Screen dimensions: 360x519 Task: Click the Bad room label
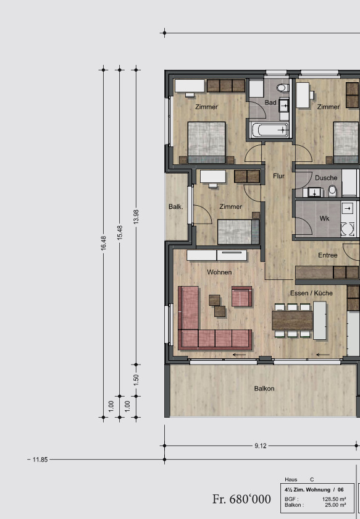270,103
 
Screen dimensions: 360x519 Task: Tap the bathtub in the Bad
269,130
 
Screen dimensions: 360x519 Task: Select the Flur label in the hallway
278,175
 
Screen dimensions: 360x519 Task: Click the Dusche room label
326,178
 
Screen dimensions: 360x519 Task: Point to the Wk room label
324,219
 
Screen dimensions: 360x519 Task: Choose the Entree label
327,255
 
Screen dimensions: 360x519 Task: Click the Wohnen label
219,272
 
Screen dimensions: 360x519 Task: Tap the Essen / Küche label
311,293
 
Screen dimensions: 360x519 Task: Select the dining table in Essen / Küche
292,321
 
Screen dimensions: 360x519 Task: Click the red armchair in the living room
241,296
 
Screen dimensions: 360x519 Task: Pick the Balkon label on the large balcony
264,388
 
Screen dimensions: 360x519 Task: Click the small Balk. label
176,206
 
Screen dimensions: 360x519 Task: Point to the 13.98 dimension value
136,217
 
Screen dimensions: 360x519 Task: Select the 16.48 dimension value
103,243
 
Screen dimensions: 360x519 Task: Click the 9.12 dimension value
261,446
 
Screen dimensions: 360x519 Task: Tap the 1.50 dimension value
136,379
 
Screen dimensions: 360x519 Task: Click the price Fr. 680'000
241,499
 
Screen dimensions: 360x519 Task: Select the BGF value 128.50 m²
334,499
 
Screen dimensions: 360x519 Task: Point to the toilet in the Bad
282,88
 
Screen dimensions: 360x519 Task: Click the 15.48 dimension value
120,232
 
